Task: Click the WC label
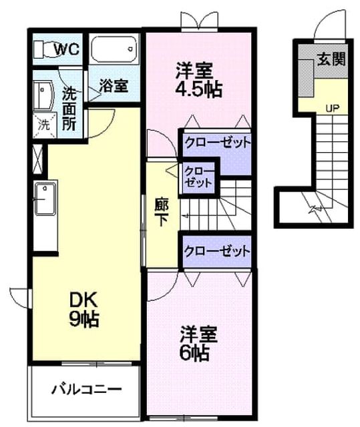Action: [x=67, y=49]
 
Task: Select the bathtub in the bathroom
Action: [x=114, y=49]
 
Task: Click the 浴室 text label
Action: [x=114, y=85]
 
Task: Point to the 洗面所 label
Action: [x=69, y=109]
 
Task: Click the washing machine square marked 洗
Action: [x=45, y=125]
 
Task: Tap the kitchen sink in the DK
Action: [x=45, y=199]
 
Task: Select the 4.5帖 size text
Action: [x=198, y=89]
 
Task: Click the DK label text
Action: [x=83, y=300]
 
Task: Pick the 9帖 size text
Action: [x=83, y=319]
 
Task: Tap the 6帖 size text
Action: [x=194, y=353]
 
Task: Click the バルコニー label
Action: [x=86, y=390]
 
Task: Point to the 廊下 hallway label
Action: [x=162, y=212]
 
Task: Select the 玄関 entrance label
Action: [x=331, y=59]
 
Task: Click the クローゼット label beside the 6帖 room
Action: [x=217, y=251]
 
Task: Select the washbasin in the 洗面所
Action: [x=43, y=95]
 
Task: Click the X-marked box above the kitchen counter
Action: [x=38, y=159]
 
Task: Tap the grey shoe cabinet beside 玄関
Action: [x=306, y=78]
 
